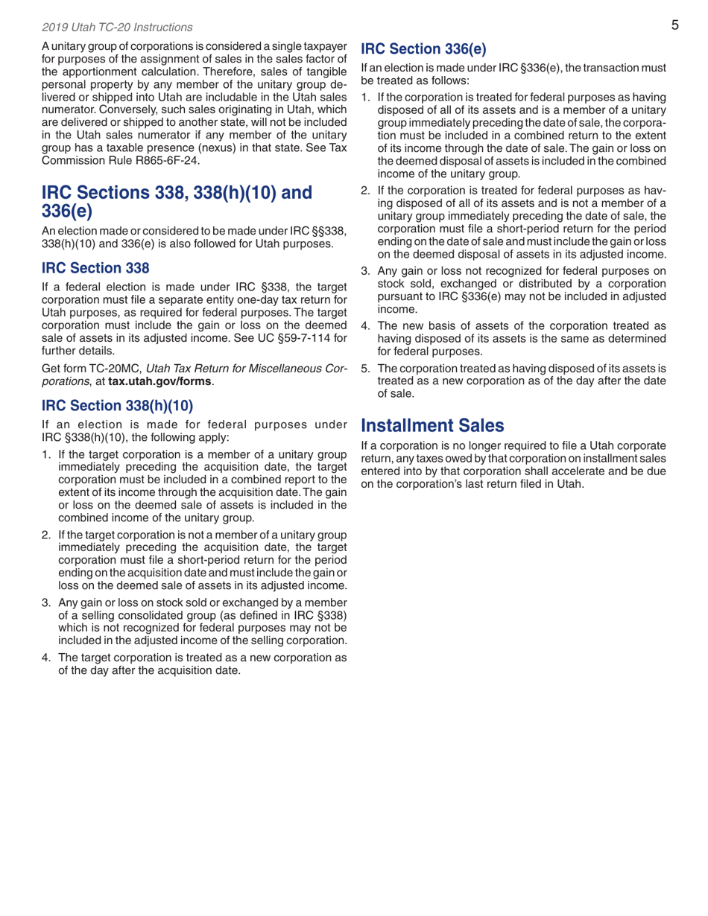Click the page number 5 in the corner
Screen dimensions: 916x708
pyautogui.click(x=674, y=25)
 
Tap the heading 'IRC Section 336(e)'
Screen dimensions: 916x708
pyautogui.click(x=423, y=50)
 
